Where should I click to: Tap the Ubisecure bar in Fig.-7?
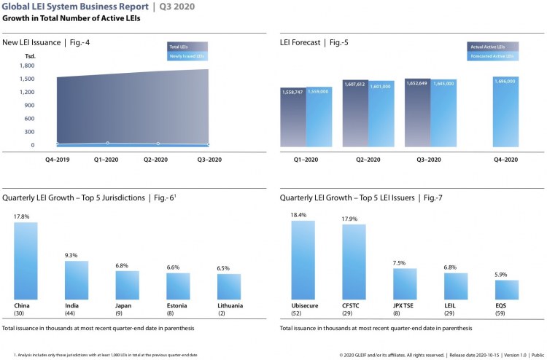tap(303, 259)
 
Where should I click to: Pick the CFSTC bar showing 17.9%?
tap(354, 260)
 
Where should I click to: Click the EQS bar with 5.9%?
tap(507, 289)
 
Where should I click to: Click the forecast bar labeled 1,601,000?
tap(381, 117)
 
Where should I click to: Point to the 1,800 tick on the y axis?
tap(26, 66)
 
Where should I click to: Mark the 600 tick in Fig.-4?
tap(28, 118)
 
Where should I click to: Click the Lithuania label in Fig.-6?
tap(230, 305)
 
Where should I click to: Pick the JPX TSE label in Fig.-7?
tap(405, 305)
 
